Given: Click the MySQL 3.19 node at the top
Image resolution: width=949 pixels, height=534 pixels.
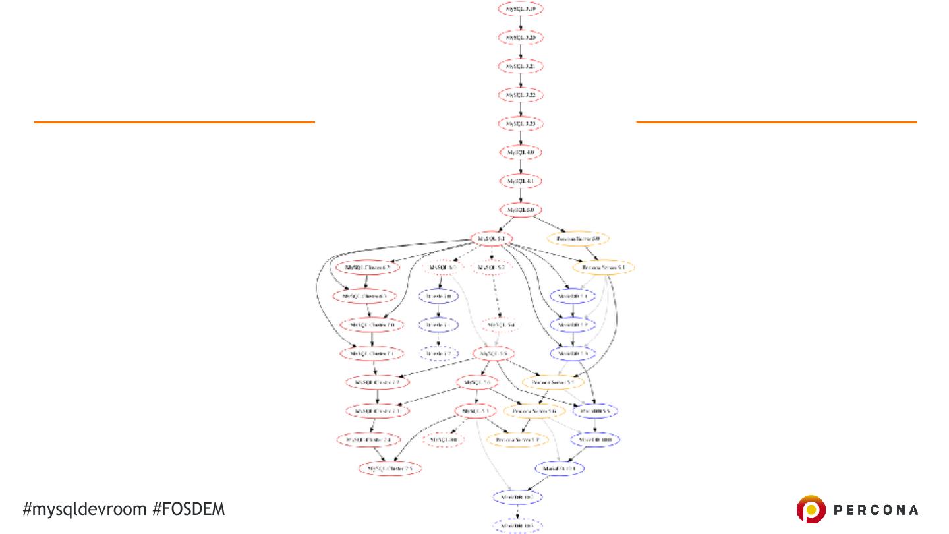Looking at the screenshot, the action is click(521, 9).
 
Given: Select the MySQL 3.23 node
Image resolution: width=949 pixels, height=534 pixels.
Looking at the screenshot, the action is click(521, 123).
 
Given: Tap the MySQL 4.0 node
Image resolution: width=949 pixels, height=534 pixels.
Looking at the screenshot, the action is click(521, 152).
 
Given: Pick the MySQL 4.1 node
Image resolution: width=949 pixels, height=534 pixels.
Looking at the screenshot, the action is click(521, 181).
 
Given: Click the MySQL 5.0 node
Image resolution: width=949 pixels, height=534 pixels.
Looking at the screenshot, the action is click(521, 210).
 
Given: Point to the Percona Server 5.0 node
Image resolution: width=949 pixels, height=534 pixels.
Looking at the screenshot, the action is click(578, 239).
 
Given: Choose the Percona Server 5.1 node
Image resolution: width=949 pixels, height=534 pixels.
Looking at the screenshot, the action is click(604, 268).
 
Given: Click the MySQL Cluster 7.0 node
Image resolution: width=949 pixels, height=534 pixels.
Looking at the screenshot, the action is click(372, 325).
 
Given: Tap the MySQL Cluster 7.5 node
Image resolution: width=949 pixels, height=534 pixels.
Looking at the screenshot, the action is click(390, 469).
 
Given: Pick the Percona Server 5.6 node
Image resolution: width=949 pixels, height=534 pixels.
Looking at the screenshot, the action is click(534, 411).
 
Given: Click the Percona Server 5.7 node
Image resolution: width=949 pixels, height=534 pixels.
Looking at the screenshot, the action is click(517, 439).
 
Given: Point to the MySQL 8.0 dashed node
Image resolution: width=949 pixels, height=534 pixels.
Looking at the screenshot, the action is click(445, 439).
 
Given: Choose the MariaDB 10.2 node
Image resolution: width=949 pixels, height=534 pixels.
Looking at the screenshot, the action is click(518, 496).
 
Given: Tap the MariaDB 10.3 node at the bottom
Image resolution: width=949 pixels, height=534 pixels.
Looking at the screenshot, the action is click(518, 525).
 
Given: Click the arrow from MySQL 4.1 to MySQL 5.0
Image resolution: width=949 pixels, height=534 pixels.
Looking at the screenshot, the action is click(521, 195).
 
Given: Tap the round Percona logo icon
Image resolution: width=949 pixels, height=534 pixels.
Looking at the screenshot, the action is click(811, 510).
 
